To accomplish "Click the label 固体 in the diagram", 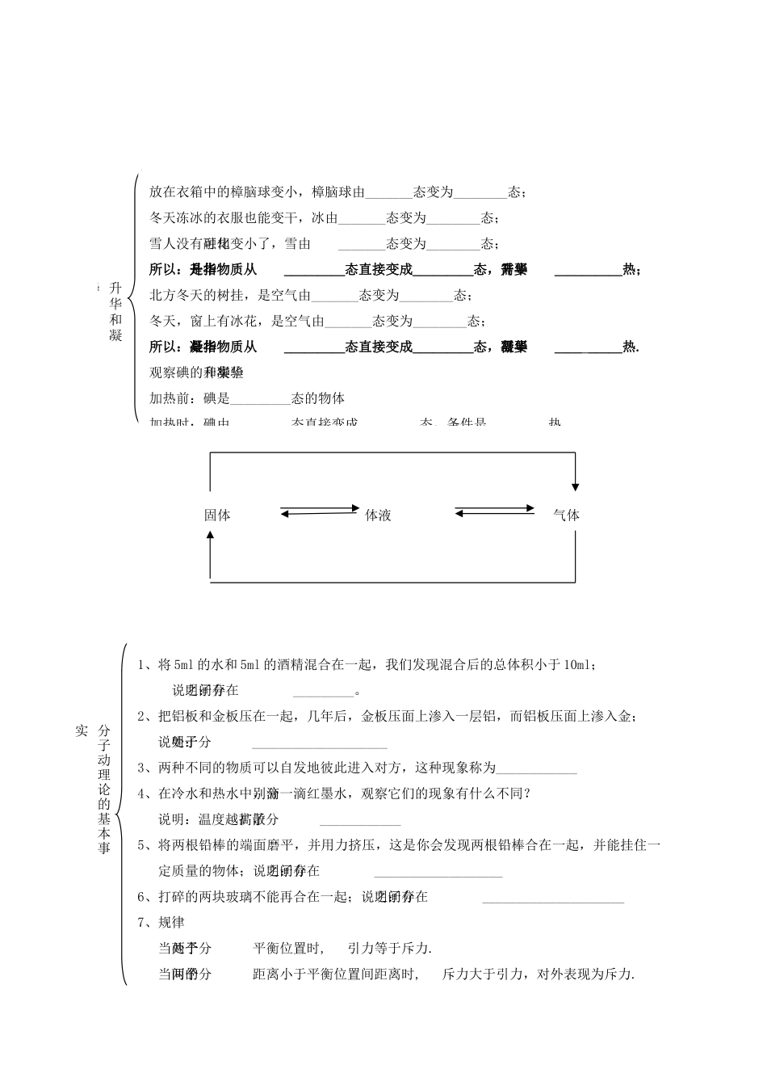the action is pyautogui.click(x=217, y=515).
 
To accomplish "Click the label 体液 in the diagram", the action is pyautogui.click(x=378, y=515).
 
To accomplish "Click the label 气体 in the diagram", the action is pyautogui.click(x=566, y=515).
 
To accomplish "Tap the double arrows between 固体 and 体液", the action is pyautogui.click(x=320, y=510).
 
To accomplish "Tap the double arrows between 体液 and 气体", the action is pyautogui.click(x=494, y=510).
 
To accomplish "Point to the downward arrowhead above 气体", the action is pyautogui.click(x=575, y=485).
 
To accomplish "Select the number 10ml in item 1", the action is pyautogui.click(x=578, y=665).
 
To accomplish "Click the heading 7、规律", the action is pyautogui.click(x=161, y=922).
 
